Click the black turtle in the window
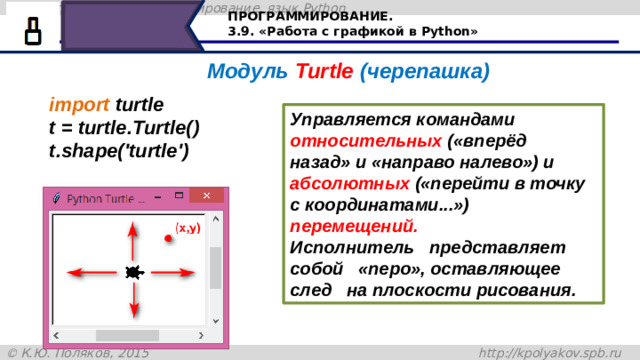(132, 272)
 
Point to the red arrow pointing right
(173, 271)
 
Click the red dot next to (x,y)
(168, 236)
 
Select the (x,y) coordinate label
(188, 228)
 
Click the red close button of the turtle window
(206, 196)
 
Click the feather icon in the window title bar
(56, 198)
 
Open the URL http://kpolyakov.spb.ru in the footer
(556, 352)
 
